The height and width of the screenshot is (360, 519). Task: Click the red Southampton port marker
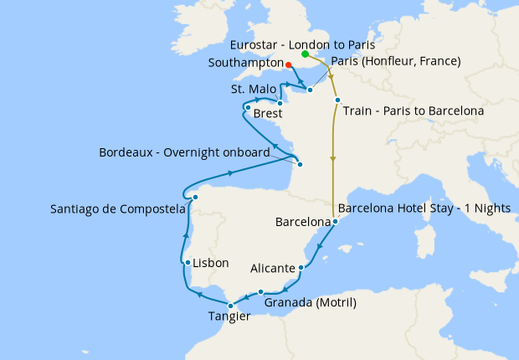[288, 64]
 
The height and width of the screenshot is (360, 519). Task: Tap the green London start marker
[305, 54]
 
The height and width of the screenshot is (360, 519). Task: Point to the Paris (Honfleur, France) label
[396, 61]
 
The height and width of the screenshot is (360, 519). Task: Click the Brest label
[267, 112]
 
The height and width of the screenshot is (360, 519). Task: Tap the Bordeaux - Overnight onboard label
[184, 152]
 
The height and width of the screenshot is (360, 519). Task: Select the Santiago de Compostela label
[117, 209]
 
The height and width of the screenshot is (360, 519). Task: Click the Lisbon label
[211, 263]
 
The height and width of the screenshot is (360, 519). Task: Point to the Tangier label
[229, 316]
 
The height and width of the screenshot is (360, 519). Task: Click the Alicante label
[273, 269]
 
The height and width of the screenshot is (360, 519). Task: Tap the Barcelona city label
[302, 223]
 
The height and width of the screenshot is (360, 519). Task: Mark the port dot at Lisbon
[188, 262]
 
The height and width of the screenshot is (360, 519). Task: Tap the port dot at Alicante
[301, 269]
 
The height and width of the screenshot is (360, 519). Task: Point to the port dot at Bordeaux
[300, 164]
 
